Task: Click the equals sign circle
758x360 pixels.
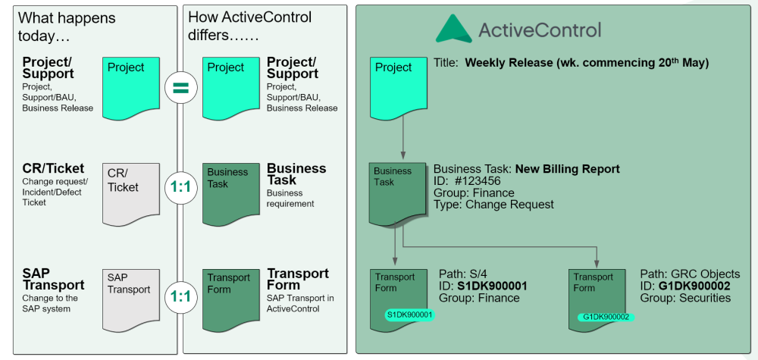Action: click(180, 86)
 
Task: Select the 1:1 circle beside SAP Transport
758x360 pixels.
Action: click(180, 296)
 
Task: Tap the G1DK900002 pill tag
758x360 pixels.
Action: click(605, 317)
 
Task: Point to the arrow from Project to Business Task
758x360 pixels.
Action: click(402, 141)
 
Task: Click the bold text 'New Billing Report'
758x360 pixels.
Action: click(568, 169)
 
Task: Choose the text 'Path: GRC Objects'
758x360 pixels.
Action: click(690, 274)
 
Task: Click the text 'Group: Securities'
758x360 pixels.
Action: click(685, 298)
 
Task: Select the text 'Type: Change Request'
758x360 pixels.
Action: click(493, 205)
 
